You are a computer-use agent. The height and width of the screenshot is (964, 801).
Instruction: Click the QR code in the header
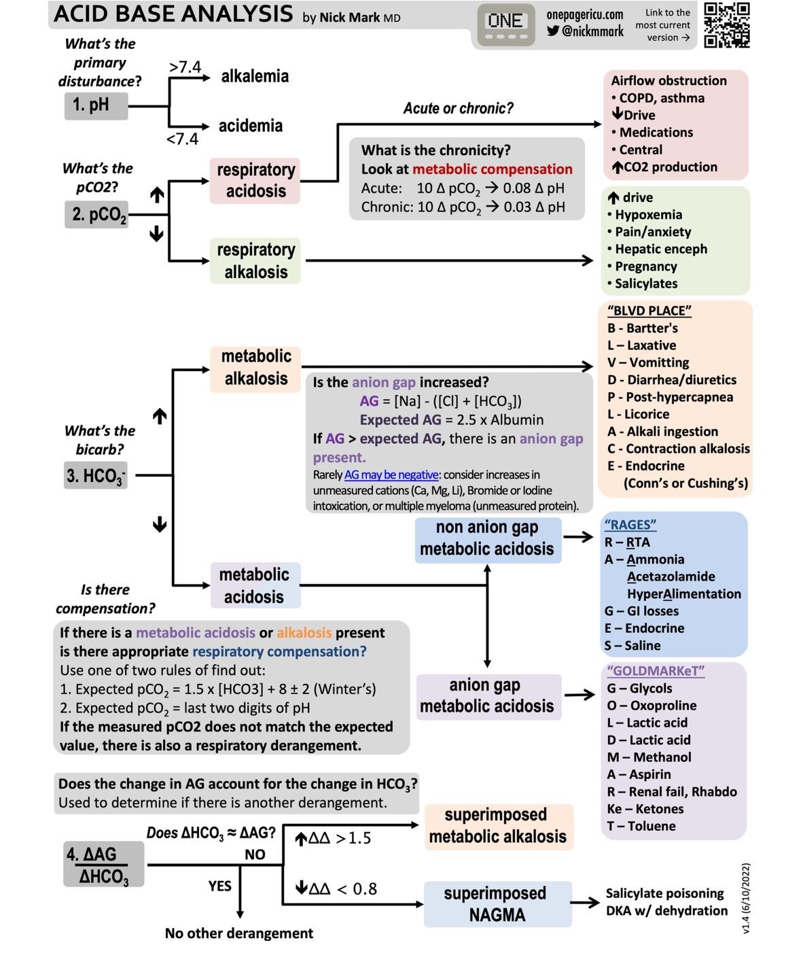click(x=726, y=25)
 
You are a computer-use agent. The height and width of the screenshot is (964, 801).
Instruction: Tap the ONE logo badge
click(x=505, y=24)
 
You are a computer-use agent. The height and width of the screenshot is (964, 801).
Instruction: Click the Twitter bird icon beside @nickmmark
click(x=553, y=31)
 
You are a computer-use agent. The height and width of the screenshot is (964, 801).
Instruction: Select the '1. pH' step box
click(x=96, y=105)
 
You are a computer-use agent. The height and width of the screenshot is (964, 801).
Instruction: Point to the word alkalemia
click(x=255, y=76)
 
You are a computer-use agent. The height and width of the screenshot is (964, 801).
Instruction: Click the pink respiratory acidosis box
click(x=255, y=180)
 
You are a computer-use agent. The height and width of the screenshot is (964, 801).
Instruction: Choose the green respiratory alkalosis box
click(x=255, y=260)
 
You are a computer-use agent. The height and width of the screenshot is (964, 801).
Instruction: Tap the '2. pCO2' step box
click(x=97, y=215)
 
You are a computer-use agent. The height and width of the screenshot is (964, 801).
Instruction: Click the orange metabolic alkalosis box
click(x=255, y=367)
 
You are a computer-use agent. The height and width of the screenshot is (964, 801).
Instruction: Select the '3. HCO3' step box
click(x=96, y=475)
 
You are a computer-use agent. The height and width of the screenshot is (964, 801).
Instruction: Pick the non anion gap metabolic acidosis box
click(x=487, y=538)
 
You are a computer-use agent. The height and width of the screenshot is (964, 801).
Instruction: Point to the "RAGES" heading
click(x=630, y=525)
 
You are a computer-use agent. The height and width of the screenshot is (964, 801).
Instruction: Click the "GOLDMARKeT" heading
click(x=655, y=671)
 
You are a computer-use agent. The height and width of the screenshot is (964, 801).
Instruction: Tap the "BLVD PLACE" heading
click(x=649, y=311)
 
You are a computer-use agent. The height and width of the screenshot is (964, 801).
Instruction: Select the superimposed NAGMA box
click(x=497, y=904)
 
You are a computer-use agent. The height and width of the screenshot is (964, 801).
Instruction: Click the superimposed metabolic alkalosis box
click(x=497, y=826)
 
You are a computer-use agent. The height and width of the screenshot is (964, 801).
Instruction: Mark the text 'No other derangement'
click(x=239, y=933)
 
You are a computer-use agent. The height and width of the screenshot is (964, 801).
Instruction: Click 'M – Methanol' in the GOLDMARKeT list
click(x=649, y=757)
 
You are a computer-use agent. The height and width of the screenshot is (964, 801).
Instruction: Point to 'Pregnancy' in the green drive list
click(x=645, y=266)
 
